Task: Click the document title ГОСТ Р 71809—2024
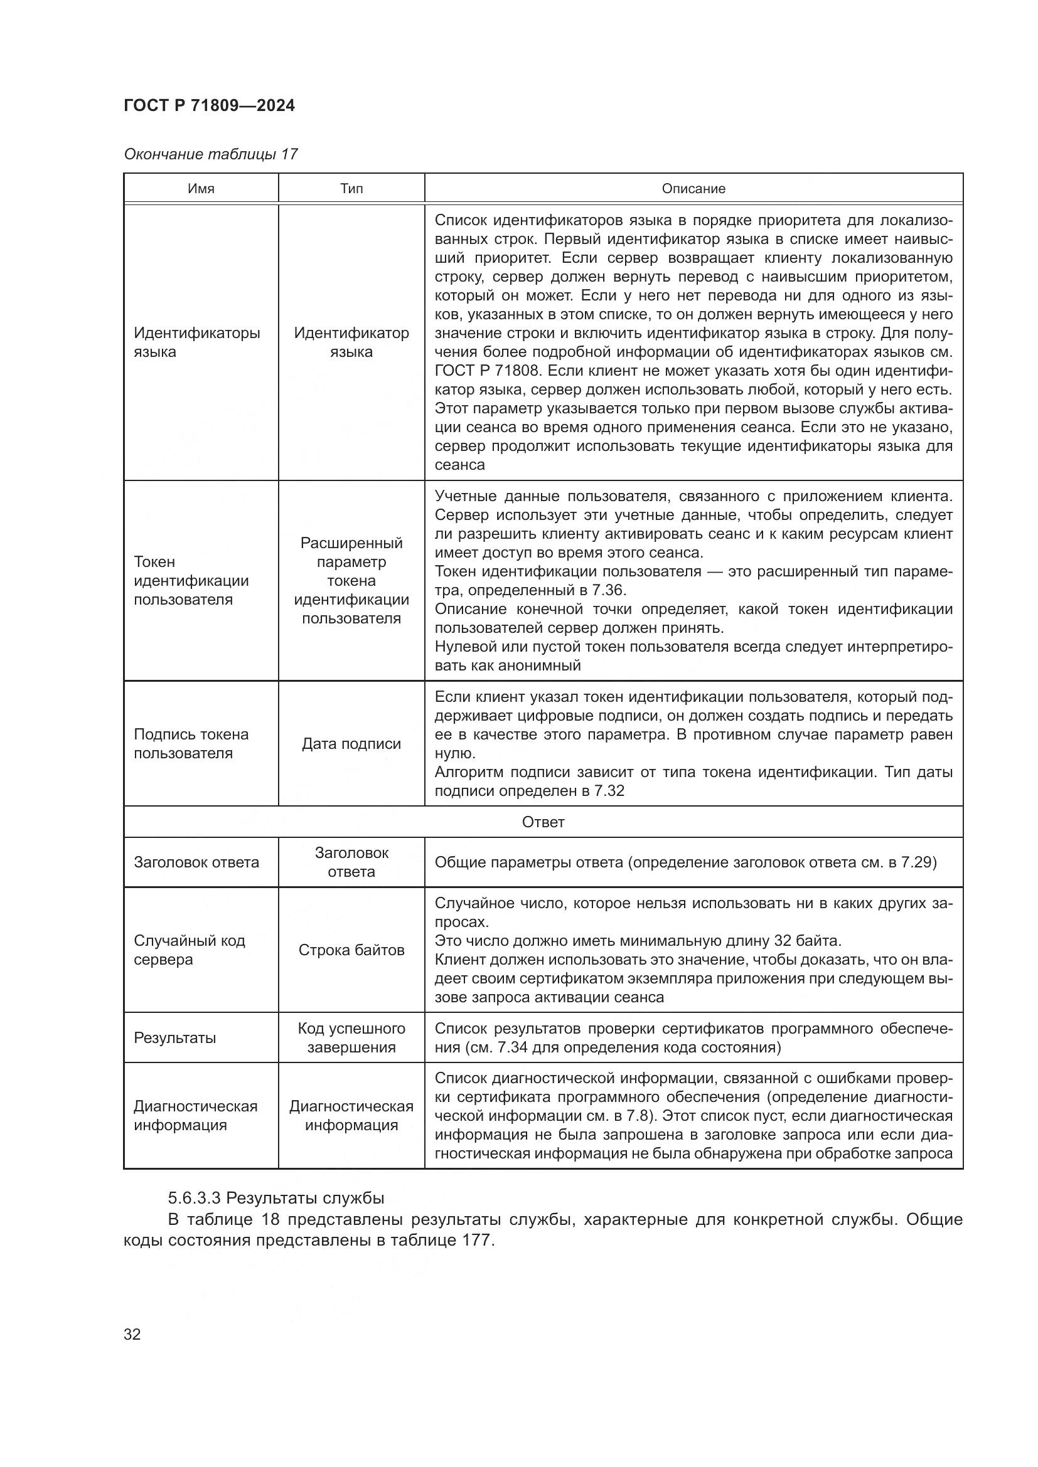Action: point(209,105)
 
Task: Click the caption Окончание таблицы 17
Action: point(210,154)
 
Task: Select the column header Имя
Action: point(201,189)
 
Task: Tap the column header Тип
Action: point(351,189)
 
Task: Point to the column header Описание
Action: point(693,189)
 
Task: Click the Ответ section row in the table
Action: point(543,822)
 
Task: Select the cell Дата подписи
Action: point(351,744)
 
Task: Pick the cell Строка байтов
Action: point(351,950)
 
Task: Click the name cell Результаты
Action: point(174,1037)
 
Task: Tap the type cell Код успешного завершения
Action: point(351,1037)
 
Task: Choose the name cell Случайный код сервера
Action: point(189,950)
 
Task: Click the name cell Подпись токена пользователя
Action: point(191,744)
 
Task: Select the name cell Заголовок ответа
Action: point(196,862)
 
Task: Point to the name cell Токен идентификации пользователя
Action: point(191,581)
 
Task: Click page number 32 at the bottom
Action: point(132,1334)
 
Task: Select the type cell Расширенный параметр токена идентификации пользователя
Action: point(351,581)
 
